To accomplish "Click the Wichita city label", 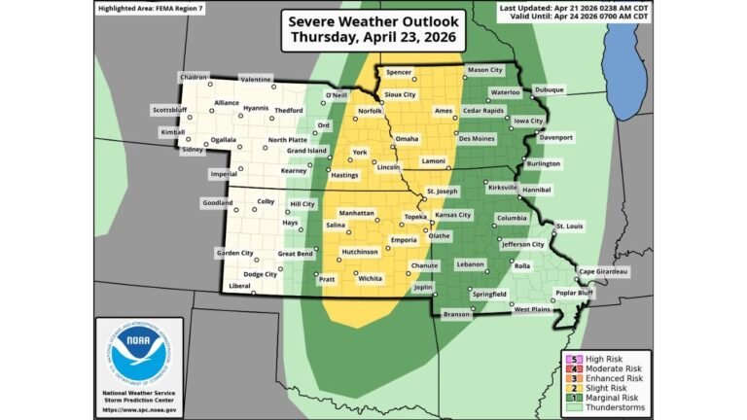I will pyautogui.click(x=370, y=278).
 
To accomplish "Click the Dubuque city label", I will pyautogui.click(x=548, y=89).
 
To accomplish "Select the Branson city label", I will pyautogui.click(x=455, y=314).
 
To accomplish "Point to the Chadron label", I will pyautogui.click(x=194, y=75).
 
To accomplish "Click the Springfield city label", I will pyautogui.click(x=488, y=293).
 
